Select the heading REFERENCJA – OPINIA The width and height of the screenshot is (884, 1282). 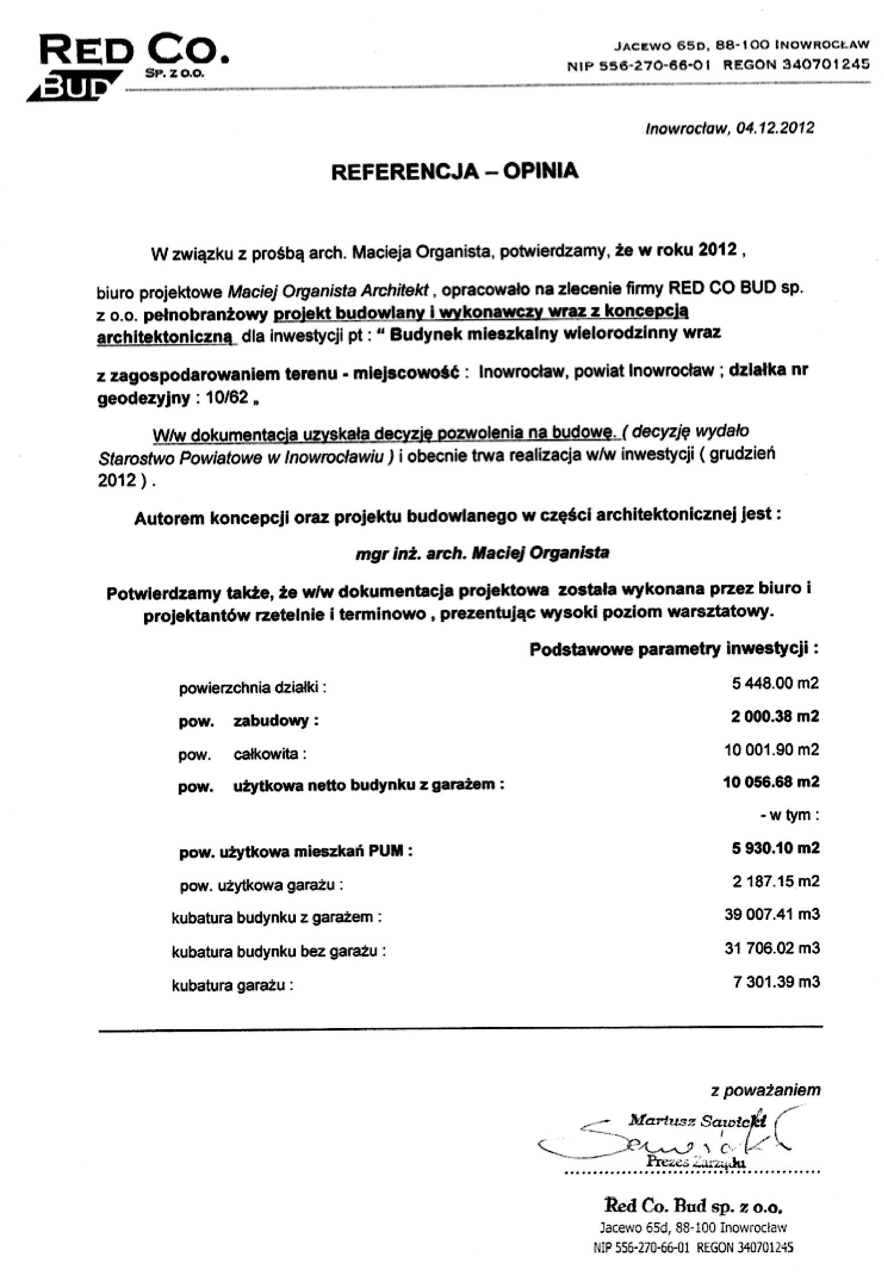455,171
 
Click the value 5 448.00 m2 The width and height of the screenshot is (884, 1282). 775,683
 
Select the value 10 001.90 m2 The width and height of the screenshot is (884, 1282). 771,749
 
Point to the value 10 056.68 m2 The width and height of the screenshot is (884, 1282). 771,781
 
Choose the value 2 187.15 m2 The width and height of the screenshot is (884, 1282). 775,880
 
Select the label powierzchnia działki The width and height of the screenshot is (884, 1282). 252,688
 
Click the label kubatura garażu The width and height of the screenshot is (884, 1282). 232,986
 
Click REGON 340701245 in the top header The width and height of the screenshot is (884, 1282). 796,64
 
